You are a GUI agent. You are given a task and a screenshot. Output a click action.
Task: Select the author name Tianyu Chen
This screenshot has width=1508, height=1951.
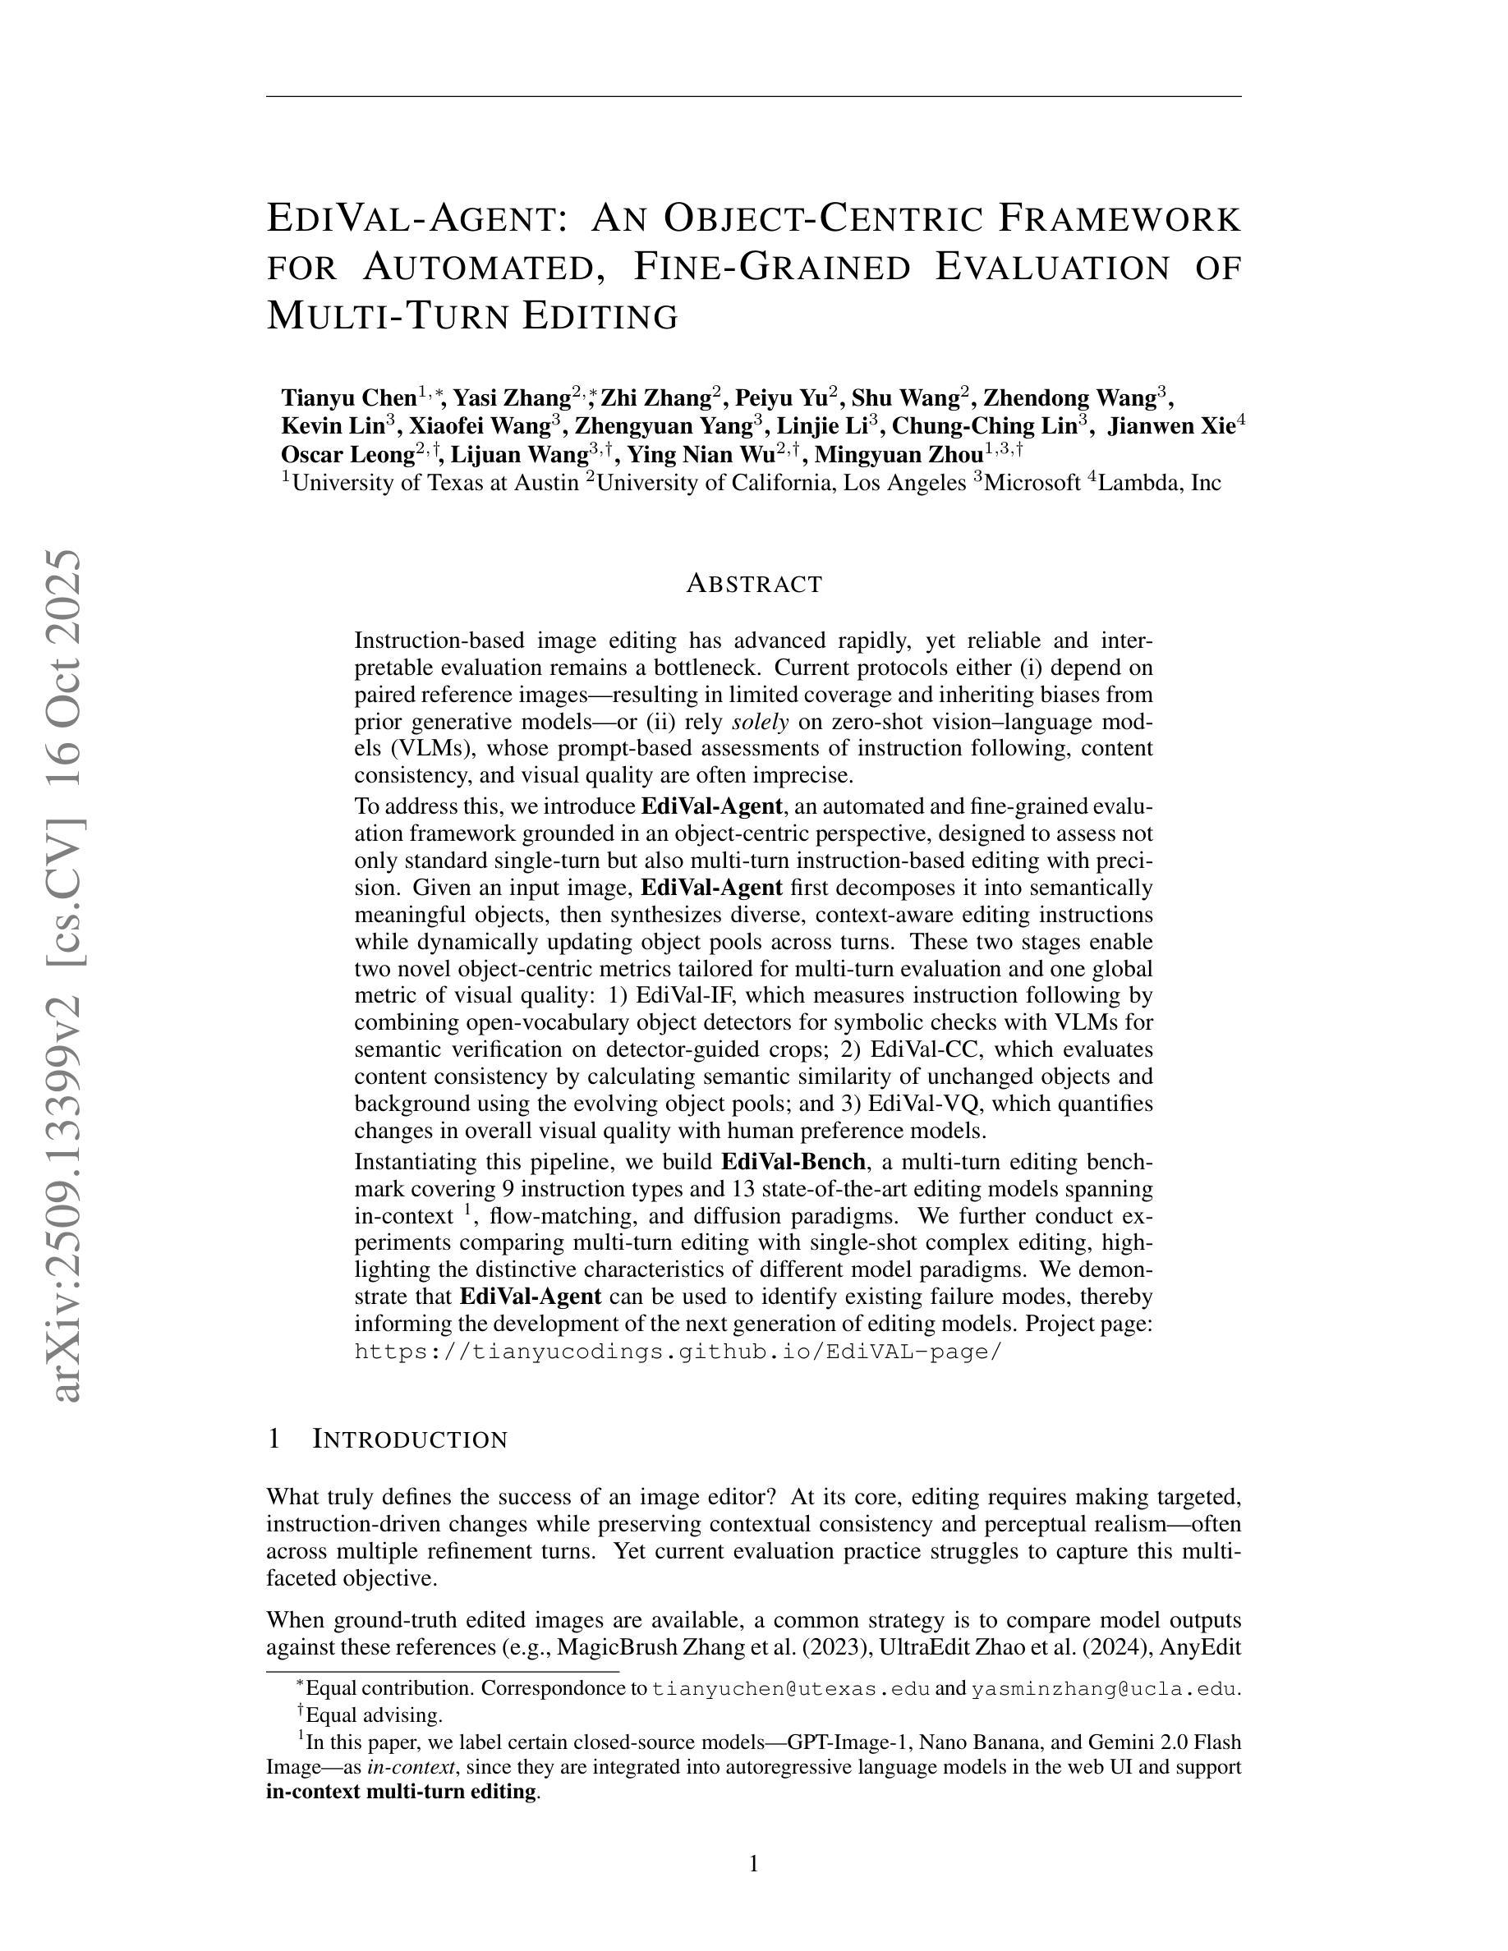point(348,397)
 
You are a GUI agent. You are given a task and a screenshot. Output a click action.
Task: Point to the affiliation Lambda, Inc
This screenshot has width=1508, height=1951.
point(1159,484)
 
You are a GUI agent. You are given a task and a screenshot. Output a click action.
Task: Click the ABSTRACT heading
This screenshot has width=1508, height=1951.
point(753,584)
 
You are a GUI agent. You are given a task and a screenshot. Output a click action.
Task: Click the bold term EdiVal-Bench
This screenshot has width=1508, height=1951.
point(793,1162)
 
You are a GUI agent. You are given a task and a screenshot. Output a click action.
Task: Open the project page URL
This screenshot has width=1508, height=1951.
point(679,1351)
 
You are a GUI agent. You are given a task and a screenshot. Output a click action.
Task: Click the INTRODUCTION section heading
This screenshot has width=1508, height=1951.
point(410,1440)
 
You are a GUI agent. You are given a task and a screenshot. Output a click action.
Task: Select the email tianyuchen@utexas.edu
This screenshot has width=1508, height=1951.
point(792,1689)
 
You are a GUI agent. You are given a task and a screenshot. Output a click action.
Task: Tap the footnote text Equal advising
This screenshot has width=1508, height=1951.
point(375,1715)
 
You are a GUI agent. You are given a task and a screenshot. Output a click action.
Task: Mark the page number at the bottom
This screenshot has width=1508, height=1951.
point(753,1863)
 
